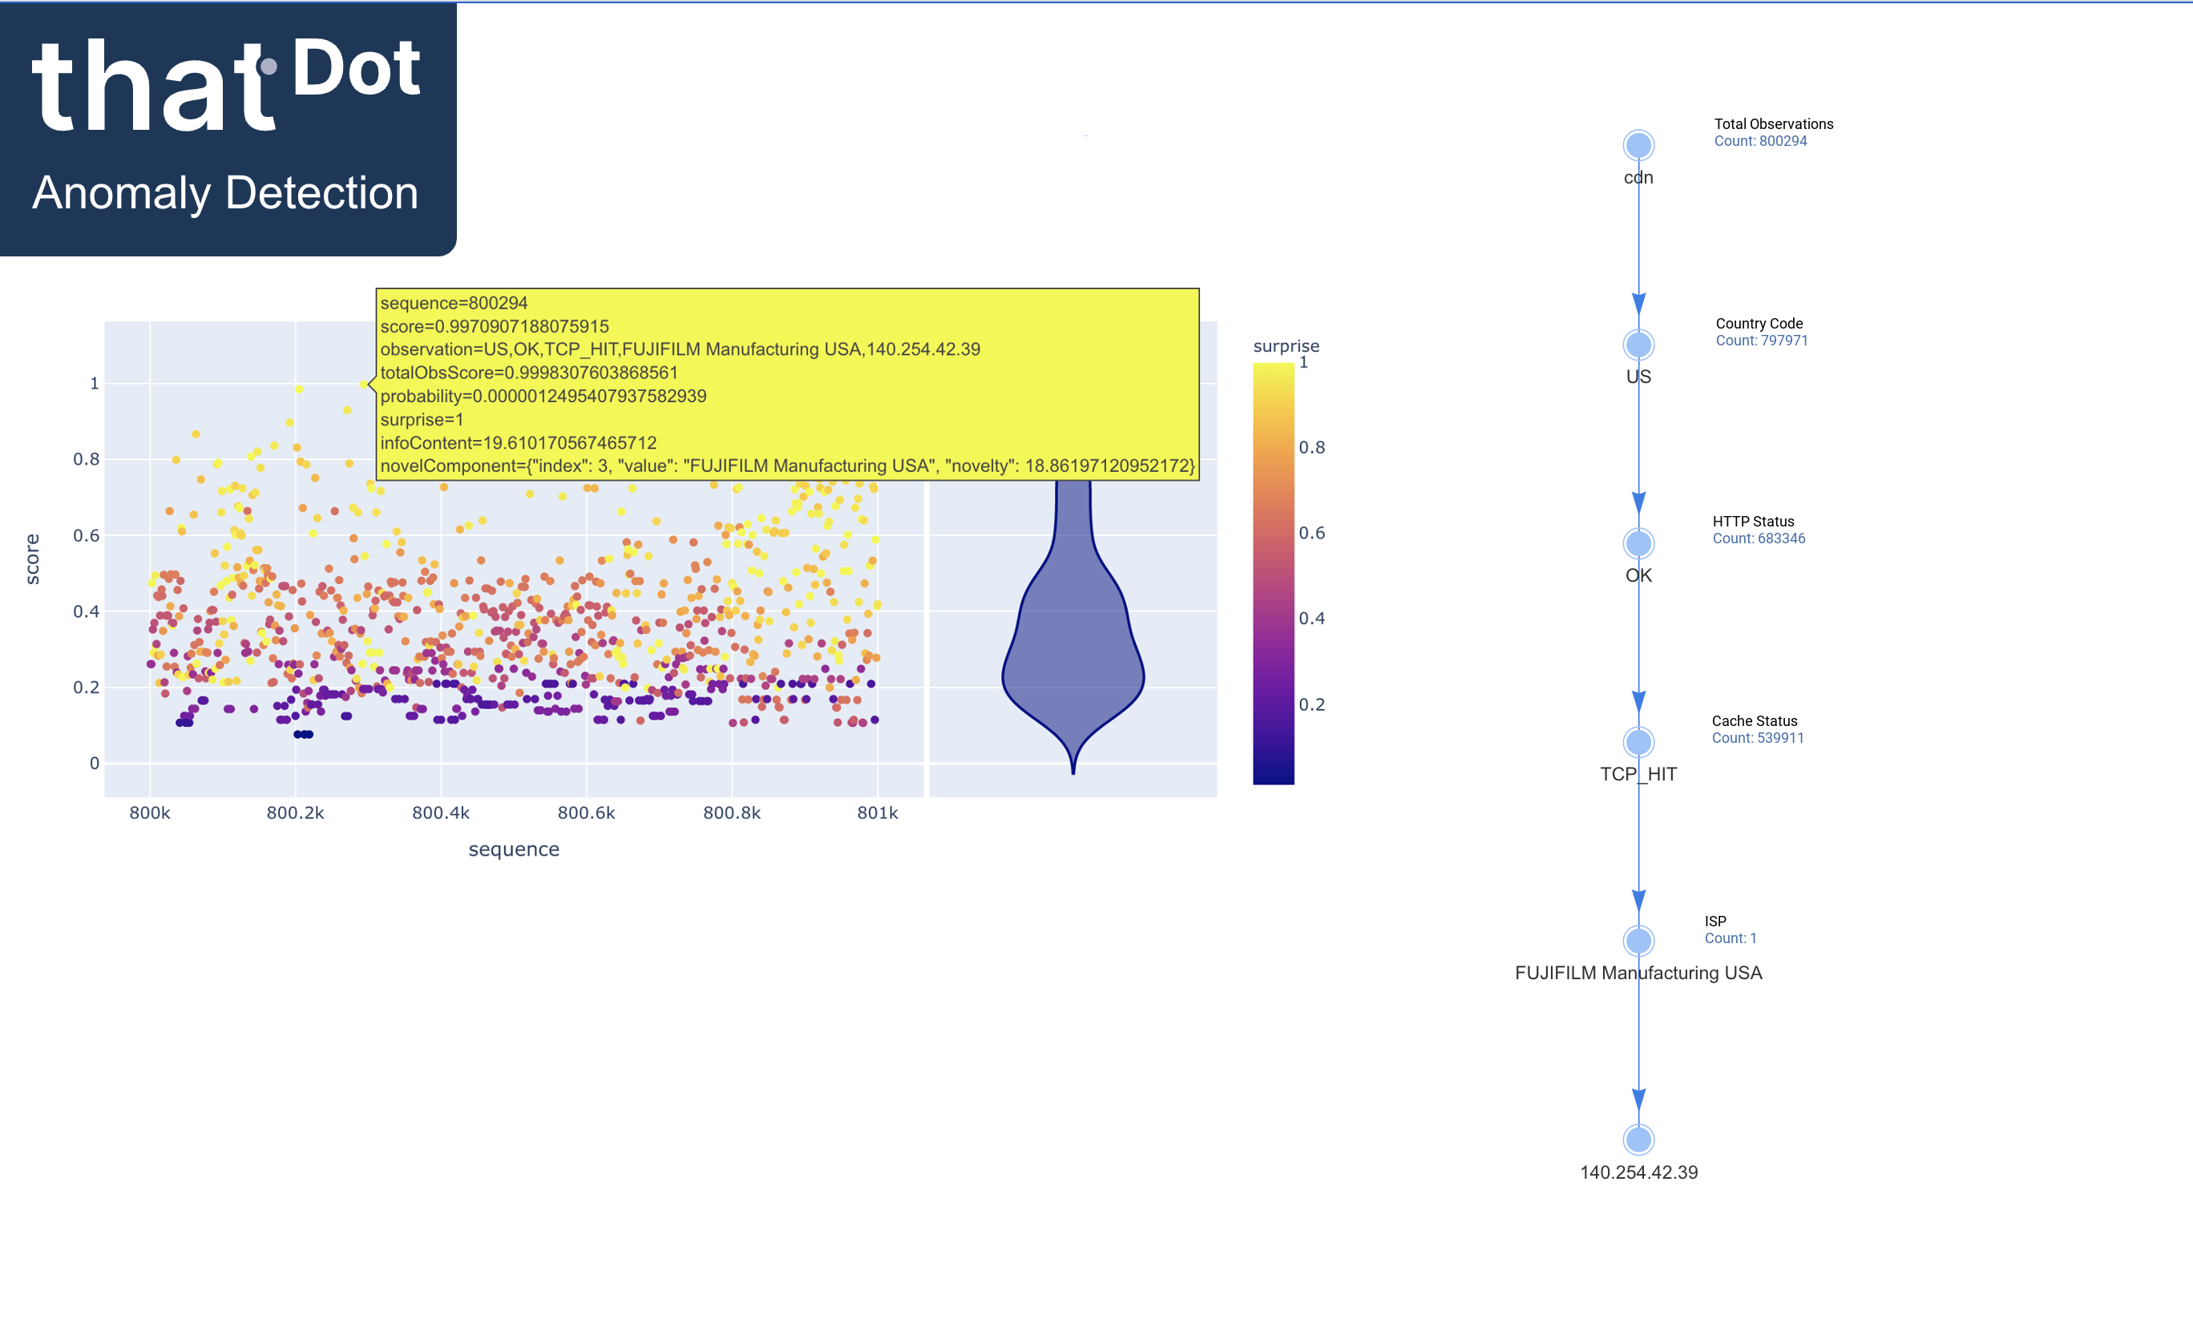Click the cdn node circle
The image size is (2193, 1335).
point(1638,145)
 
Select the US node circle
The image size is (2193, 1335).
point(1638,345)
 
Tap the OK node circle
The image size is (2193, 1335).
point(1638,543)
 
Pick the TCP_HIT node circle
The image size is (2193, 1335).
point(1638,741)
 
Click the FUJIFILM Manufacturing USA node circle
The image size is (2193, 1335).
point(1638,940)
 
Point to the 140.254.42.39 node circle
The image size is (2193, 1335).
point(1638,1139)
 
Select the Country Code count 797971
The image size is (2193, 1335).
point(1760,341)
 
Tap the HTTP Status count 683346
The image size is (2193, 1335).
point(1758,538)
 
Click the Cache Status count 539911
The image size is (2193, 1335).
point(1757,738)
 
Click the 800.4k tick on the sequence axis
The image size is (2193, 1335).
point(441,813)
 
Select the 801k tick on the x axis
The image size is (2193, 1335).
point(878,813)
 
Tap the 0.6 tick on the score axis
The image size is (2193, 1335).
point(87,535)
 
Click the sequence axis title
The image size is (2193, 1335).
point(514,849)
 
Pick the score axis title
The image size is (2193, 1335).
point(33,559)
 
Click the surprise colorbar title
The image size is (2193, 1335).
point(1286,346)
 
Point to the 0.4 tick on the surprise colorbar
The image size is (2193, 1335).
point(1311,619)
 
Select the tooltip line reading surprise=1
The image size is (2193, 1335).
point(422,419)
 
